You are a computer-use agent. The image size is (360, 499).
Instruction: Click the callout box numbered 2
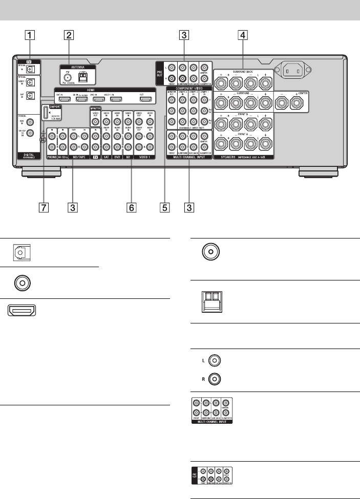[x=68, y=36]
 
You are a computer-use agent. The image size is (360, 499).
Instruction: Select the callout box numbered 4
[x=243, y=36]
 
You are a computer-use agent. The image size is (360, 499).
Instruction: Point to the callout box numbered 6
[x=131, y=208]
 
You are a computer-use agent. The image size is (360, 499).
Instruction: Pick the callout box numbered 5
[x=165, y=208]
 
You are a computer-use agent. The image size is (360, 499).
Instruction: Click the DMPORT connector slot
[x=46, y=113]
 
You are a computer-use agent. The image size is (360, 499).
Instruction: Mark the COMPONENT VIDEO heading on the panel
[x=189, y=88]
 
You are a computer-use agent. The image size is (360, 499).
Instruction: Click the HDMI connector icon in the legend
[x=22, y=310]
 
